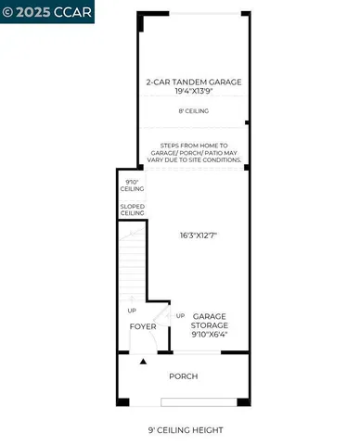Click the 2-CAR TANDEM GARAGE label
coord(193,82)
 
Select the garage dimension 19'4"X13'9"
coord(193,92)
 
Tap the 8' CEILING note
coord(193,111)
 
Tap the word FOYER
coord(143,326)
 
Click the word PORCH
coord(183,376)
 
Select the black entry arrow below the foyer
coord(142,362)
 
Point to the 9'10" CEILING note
coord(132,185)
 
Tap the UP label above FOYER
coord(131,310)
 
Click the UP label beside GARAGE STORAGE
coord(180,314)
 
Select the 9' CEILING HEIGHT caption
coord(186,430)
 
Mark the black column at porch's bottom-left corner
coord(121,401)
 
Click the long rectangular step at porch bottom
coord(199,402)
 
